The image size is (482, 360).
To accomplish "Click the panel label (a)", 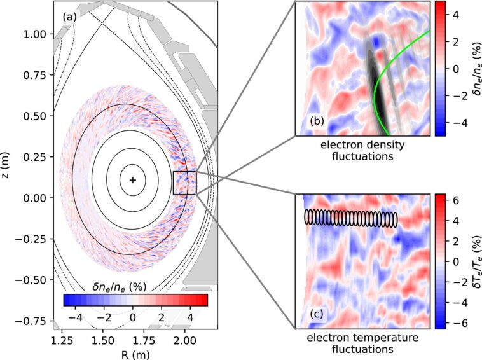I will tap(69, 17).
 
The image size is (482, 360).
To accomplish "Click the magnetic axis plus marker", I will tap(132, 180).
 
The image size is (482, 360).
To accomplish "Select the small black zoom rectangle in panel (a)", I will tap(184, 183).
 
